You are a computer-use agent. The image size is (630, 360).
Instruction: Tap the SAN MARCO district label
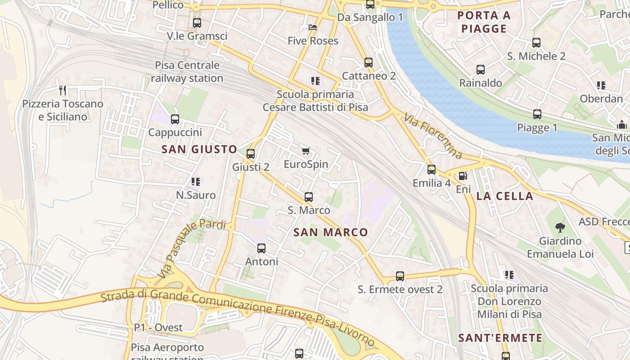331,233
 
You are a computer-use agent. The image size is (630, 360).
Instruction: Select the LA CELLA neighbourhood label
504,196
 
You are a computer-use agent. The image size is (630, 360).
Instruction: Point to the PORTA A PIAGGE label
484,22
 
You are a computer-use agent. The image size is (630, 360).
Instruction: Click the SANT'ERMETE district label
500,338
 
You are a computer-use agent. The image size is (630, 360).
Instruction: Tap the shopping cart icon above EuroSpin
306,151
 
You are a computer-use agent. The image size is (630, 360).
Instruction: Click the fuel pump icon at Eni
462,176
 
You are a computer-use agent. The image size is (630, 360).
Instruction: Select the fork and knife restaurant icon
63,90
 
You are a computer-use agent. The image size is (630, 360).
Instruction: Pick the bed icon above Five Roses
313,27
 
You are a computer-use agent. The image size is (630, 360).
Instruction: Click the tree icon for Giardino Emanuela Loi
560,228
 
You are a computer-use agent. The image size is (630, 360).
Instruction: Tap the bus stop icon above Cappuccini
175,119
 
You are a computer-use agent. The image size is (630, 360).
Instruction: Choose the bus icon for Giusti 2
251,154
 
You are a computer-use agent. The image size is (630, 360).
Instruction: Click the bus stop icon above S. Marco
309,197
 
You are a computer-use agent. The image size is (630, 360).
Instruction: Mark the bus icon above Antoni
261,248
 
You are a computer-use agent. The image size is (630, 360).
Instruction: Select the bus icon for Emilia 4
432,170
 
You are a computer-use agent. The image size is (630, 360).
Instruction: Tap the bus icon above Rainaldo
481,70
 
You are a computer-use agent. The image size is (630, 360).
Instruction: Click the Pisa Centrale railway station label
187,72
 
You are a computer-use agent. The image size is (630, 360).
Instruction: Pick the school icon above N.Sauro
196,182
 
